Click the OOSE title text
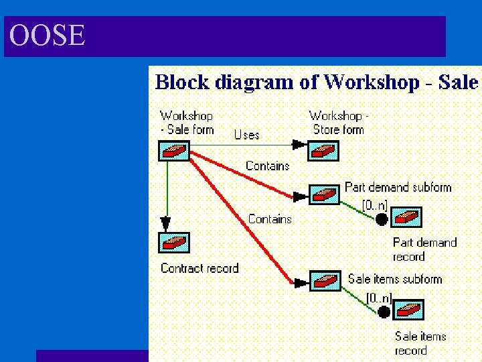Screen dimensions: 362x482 48,36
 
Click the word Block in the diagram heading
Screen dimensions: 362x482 179,82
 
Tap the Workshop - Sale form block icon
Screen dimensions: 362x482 174,149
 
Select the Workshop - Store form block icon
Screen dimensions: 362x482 324,149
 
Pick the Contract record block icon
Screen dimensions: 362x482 174,242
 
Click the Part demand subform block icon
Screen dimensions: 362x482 324,195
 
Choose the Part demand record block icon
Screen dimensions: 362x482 406,218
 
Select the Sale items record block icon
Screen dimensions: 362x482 408,310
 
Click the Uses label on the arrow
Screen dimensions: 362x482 246,135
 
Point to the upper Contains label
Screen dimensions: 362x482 267,166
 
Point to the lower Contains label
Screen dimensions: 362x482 270,219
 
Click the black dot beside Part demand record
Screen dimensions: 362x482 382,219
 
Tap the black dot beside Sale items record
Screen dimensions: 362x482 384,311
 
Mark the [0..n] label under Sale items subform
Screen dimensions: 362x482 378,296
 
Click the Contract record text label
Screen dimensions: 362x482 199,268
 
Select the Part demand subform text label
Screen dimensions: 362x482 398,187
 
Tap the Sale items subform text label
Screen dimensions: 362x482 395,279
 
